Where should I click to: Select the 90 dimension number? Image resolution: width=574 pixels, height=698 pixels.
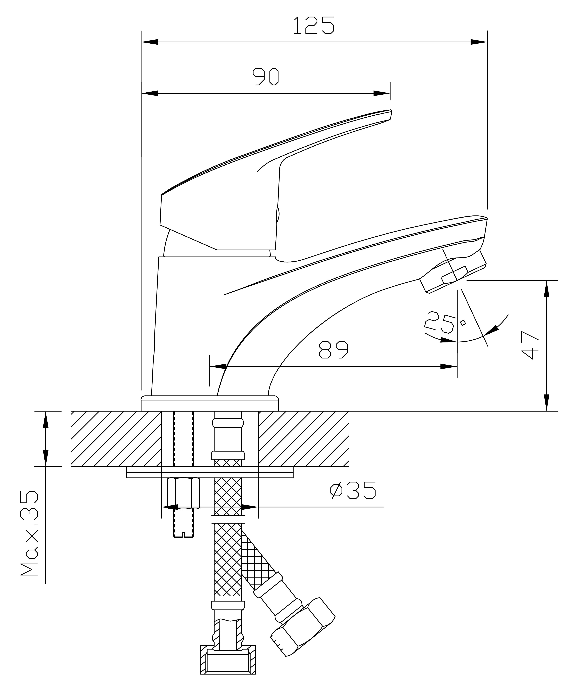[x=266, y=77]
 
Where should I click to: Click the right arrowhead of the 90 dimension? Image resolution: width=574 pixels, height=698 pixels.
[x=382, y=93]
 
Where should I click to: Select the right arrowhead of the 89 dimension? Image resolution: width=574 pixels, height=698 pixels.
[x=449, y=367]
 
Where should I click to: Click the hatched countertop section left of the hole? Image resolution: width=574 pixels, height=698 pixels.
[x=116, y=439]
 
